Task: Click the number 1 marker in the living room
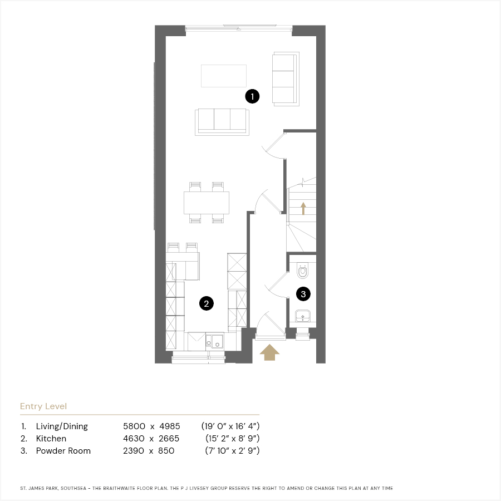click(252, 96)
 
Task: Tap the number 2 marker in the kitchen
click(206, 303)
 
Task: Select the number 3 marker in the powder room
click(303, 294)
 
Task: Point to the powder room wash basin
click(303, 316)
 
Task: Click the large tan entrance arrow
click(269, 352)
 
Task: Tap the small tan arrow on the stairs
click(303, 208)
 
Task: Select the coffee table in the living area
click(224, 76)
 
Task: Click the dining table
click(207, 203)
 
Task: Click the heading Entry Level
click(43, 406)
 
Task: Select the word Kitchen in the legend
click(51, 439)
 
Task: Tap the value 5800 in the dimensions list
click(134, 426)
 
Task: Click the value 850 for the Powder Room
click(166, 451)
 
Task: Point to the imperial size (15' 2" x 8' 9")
click(232, 439)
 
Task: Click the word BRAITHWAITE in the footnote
click(119, 488)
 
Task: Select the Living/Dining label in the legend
click(62, 426)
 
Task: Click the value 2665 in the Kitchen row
click(169, 439)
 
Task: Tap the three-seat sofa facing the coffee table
click(222, 122)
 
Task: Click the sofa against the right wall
click(286, 78)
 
